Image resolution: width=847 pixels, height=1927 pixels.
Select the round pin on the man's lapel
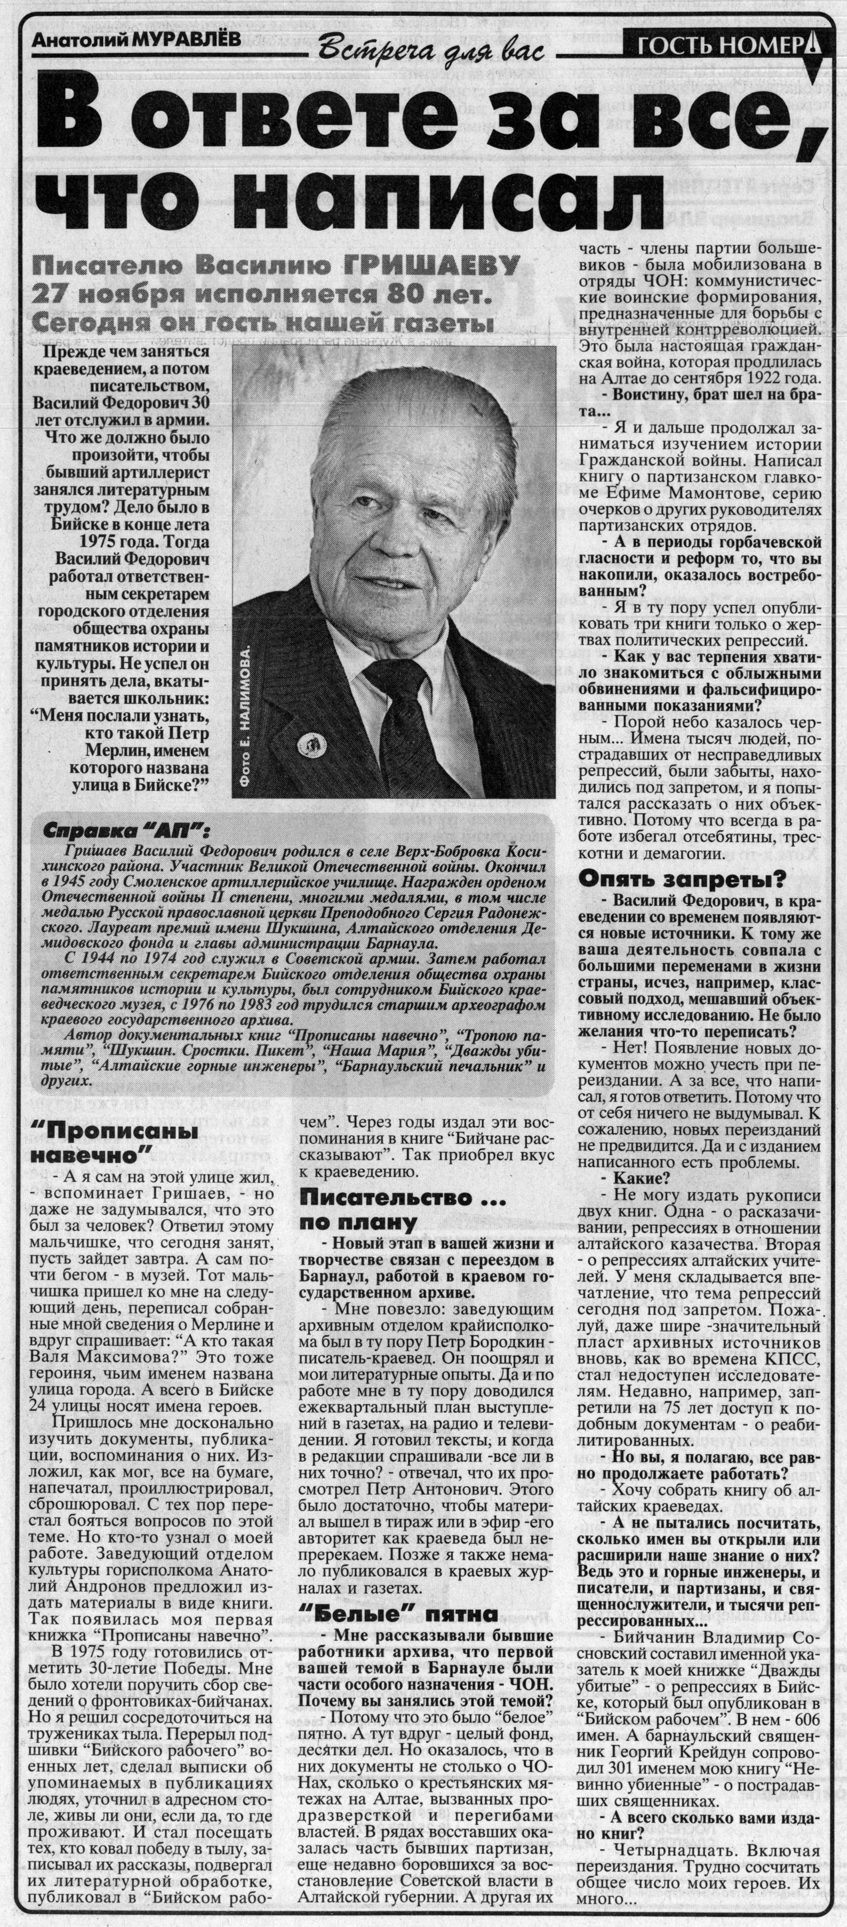(x=309, y=743)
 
